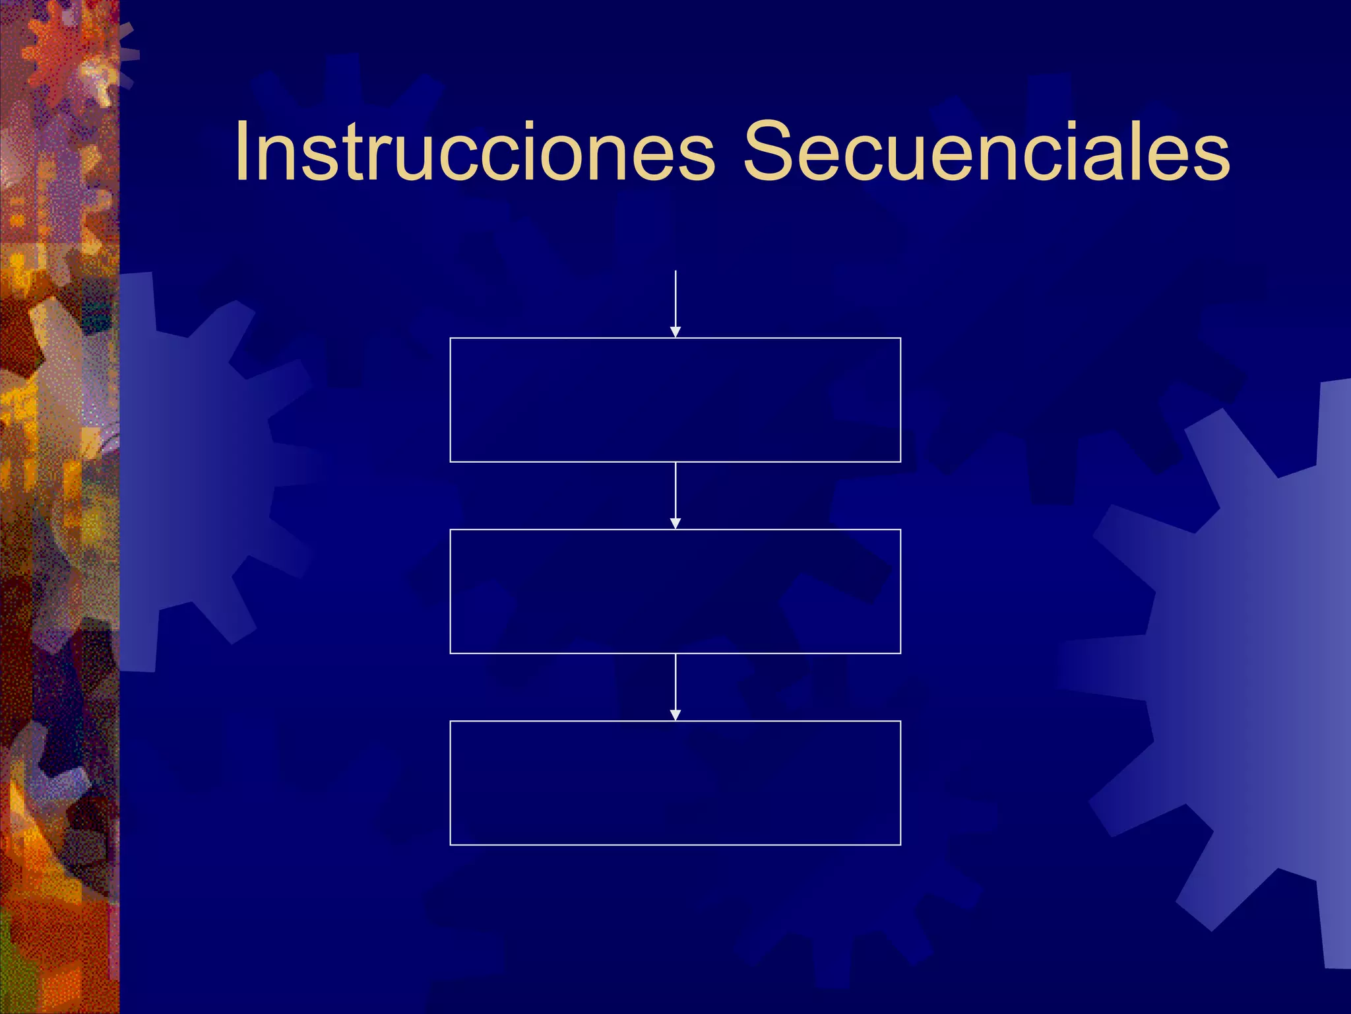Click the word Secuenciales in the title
(x=986, y=152)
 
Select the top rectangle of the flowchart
(x=675, y=400)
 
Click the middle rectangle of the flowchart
(x=675, y=591)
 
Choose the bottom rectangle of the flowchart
(x=675, y=783)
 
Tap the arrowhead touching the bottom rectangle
(x=675, y=715)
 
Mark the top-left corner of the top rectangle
(x=451, y=338)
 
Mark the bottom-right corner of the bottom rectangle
(x=900, y=844)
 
